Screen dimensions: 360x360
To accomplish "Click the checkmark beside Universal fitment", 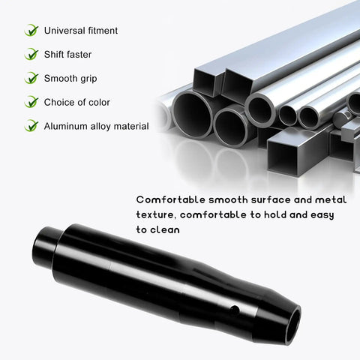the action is click(31, 30).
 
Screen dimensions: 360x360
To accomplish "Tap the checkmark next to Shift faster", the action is click(31, 54).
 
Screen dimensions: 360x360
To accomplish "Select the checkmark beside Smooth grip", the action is click(31, 78).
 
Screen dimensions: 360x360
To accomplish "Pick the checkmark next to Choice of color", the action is click(31, 102).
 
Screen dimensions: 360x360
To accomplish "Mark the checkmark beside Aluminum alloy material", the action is click(31, 126).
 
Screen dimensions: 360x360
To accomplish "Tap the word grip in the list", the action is click(88, 79).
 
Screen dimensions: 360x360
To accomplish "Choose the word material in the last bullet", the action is click(131, 126).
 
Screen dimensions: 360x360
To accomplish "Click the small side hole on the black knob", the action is click(235, 310).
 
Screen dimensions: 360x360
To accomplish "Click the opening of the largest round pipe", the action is click(193, 115).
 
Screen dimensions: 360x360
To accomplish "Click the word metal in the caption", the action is click(331, 199).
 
